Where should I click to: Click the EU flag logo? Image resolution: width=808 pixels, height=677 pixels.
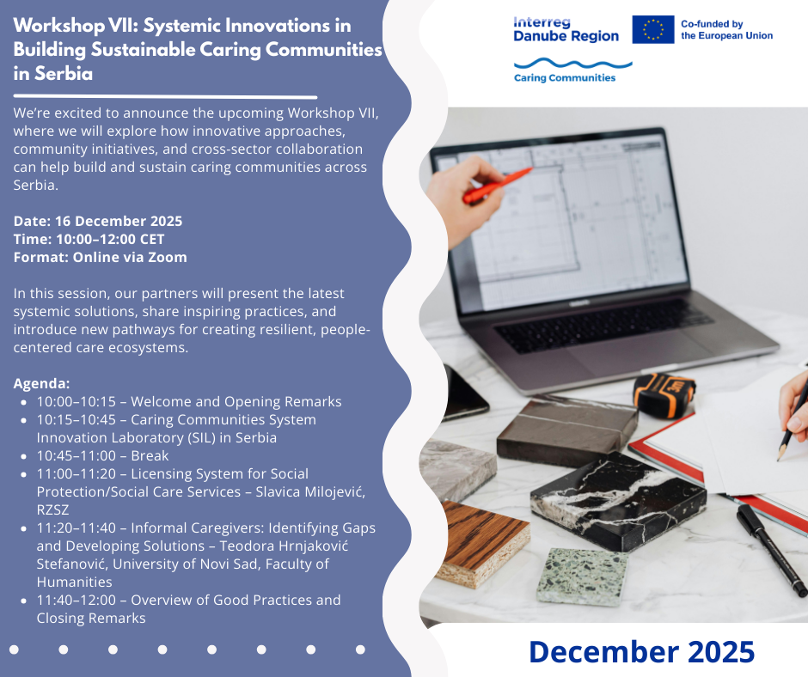[653, 29]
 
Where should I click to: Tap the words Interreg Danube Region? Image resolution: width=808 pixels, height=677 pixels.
[566, 29]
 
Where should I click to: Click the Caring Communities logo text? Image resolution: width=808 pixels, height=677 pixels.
[565, 78]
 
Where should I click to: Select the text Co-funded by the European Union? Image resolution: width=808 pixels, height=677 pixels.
[726, 30]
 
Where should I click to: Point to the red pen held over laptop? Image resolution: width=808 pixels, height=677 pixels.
[497, 185]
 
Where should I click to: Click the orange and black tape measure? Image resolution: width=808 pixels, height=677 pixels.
[664, 393]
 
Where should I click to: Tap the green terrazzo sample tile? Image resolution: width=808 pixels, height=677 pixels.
[582, 576]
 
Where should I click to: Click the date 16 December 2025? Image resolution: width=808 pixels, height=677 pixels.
[119, 221]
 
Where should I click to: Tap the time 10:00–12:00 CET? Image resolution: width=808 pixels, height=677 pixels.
[110, 239]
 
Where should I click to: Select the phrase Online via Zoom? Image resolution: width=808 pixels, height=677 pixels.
[130, 257]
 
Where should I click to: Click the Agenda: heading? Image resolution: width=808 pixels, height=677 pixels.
[41, 383]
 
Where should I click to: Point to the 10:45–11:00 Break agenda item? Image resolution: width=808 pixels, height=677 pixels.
[102, 455]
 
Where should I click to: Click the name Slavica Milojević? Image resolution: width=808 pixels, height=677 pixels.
[310, 491]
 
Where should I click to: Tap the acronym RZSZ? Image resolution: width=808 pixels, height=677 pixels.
[52, 509]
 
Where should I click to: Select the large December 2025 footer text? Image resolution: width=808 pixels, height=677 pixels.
[641, 652]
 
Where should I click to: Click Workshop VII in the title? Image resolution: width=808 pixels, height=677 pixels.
[76, 26]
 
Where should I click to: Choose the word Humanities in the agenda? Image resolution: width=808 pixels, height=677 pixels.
[74, 582]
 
